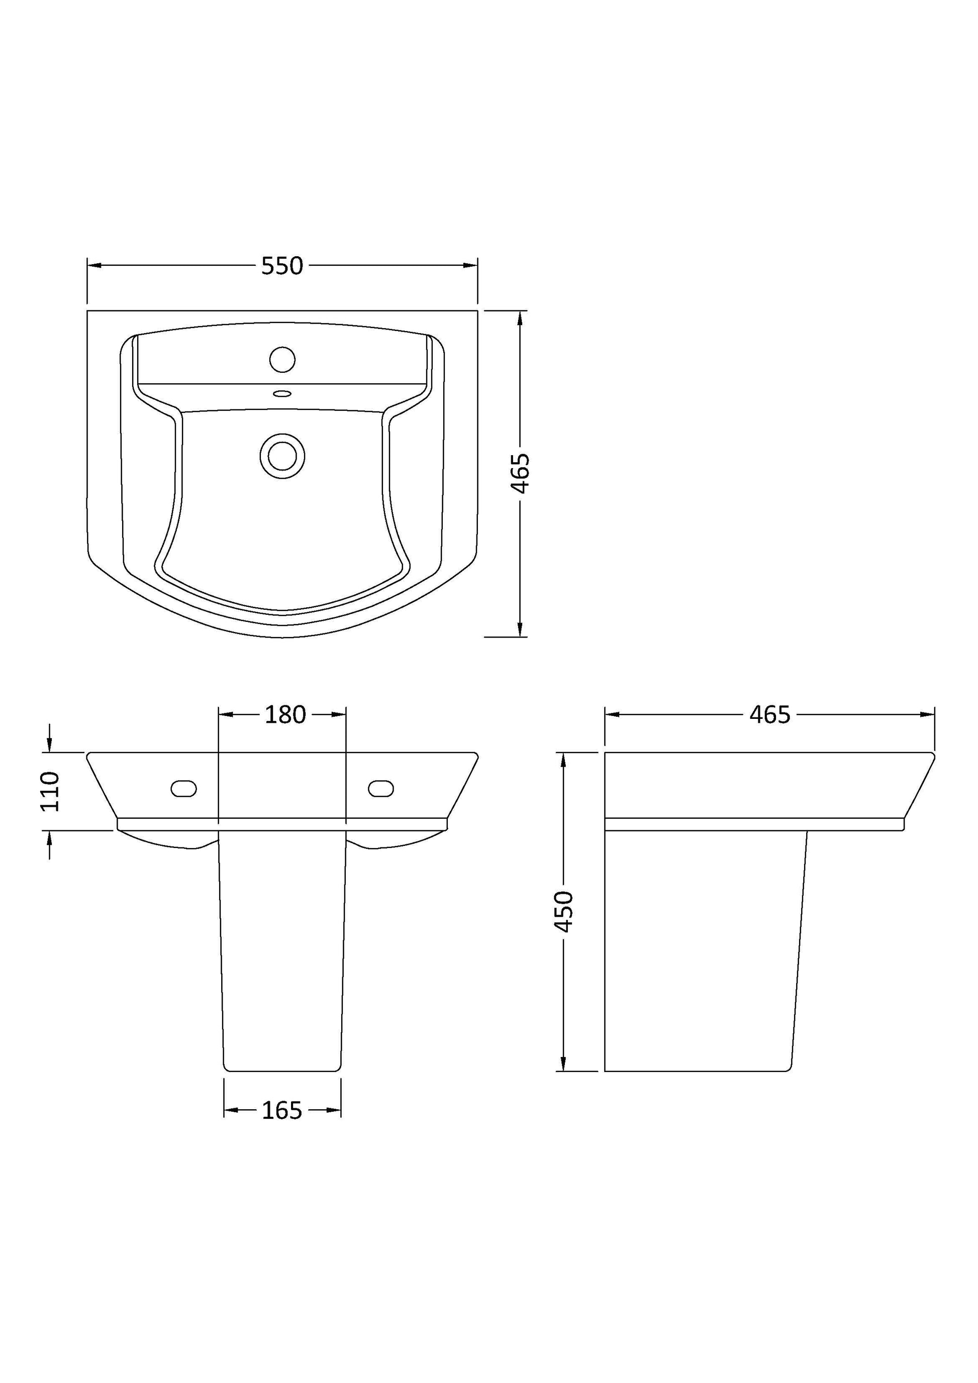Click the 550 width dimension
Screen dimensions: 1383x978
(281, 266)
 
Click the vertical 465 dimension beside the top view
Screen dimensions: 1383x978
(520, 473)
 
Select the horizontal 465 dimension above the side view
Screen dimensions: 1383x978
(769, 714)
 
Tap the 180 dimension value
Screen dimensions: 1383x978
(285, 714)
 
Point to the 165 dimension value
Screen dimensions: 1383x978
(281, 1110)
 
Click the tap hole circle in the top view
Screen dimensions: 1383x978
(282, 360)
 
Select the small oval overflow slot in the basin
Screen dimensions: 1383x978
(282, 394)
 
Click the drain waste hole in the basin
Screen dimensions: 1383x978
(282, 456)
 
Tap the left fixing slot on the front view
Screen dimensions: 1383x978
(184, 789)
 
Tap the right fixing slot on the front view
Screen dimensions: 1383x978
(381, 789)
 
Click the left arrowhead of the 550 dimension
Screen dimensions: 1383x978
(94, 265)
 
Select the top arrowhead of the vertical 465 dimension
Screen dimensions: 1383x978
(520, 318)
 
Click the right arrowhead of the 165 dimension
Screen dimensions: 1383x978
(334, 1110)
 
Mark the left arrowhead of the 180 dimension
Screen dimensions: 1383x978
(225, 714)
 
